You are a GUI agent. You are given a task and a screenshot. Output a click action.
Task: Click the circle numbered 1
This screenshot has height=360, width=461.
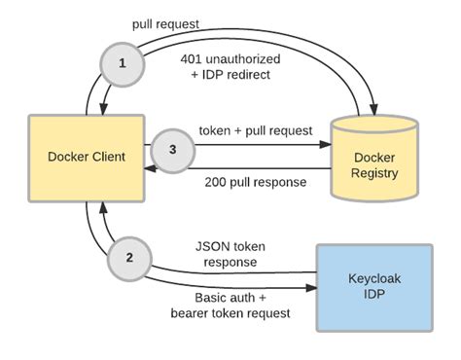tap(122, 61)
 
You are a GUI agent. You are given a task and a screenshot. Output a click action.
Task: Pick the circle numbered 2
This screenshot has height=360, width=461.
tap(128, 260)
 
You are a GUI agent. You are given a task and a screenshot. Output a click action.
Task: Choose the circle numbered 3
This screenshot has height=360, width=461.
tap(171, 151)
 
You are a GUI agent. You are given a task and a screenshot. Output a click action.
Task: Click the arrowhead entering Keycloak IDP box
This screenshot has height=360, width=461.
tap(313, 285)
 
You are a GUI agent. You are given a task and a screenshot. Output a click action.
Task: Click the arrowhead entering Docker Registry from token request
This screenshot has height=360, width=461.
tap(331, 147)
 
